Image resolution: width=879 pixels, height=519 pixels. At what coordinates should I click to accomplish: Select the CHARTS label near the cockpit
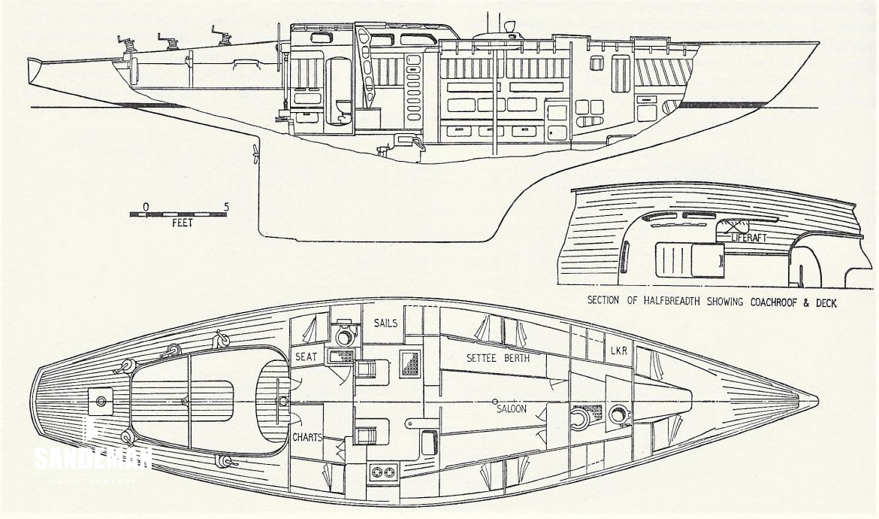point(310,436)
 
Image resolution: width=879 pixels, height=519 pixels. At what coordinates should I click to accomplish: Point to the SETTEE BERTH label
point(498,359)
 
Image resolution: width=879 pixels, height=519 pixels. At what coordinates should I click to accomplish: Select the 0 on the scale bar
point(145,205)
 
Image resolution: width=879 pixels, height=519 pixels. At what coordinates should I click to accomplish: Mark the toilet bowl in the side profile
point(343,113)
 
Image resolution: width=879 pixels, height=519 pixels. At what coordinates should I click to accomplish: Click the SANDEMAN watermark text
point(93,457)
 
